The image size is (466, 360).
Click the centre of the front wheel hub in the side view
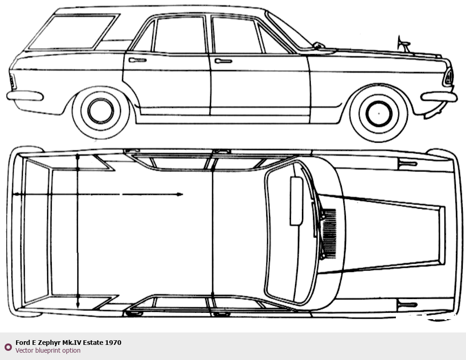click(378, 114)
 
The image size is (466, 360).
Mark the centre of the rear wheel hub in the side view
click(101, 111)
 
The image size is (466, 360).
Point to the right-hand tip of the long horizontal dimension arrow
click(183, 194)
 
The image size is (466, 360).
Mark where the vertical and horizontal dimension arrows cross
click(77, 194)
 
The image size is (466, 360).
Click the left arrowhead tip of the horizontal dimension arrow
click(12, 194)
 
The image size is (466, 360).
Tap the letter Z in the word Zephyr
click(40, 343)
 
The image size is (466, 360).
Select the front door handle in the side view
click(223, 61)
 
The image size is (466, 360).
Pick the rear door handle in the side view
click(137, 60)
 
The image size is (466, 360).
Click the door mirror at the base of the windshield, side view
click(318, 45)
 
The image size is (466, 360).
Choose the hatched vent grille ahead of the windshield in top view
click(329, 233)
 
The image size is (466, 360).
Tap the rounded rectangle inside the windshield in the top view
click(296, 201)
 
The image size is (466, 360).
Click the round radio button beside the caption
click(8, 347)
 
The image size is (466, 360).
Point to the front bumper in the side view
click(439, 97)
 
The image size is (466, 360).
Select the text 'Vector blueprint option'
click(48, 350)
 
